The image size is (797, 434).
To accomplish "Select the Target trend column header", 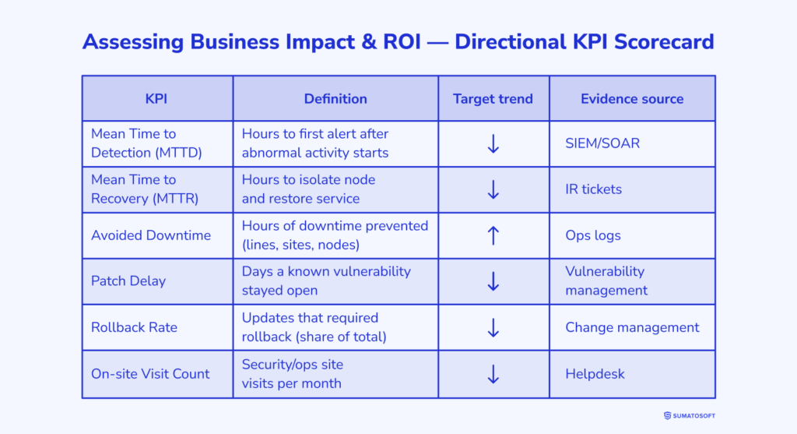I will point(493,99).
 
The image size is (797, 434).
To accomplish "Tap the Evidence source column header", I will point(632,99).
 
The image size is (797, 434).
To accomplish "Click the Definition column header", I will point(335,99).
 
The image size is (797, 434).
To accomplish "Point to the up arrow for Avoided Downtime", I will point(493,235).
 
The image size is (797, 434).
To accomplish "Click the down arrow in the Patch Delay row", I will point(493,281).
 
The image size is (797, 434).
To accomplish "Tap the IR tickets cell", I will point(594,189).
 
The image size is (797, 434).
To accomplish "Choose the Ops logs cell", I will point(592,235).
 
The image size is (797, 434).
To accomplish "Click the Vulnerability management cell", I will point(606,281).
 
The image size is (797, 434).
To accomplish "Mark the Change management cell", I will point(632,327).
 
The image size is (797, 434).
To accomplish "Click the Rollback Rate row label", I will point(134,327).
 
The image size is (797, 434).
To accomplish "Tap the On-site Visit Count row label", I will point(150,374).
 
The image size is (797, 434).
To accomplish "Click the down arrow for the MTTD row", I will point(493,143).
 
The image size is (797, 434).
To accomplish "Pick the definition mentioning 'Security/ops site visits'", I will point(292,374).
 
